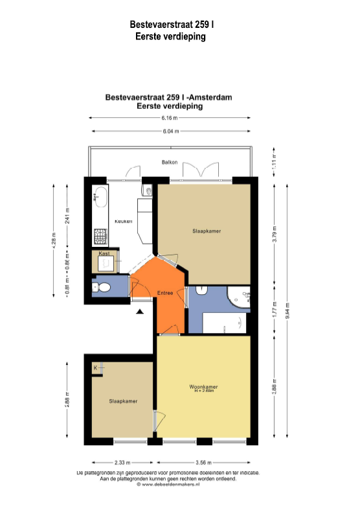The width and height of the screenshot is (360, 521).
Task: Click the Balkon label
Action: pyautogui.click(x=170, y=162)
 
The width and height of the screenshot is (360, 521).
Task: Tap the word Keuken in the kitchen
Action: pyautogui.click(x=123, y=221)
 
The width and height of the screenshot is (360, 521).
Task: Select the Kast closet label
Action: pyautogui.click(x=104, y=254)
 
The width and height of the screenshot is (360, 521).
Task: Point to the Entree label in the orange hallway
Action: pyautogui.click(x=166, y=294)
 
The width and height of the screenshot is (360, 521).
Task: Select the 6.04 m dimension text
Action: pyautogui.click(x=170, y=131)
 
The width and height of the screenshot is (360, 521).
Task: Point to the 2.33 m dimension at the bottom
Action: pyautogui.click(x=121, y=463)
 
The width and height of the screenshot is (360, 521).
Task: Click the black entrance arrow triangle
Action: pyautogui.click(x=140, y=313)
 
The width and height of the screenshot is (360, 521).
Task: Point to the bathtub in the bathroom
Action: pyautogui.click(x=223, y=322)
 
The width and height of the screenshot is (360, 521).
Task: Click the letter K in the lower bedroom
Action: pyautogui.click(x=96, y=368)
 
